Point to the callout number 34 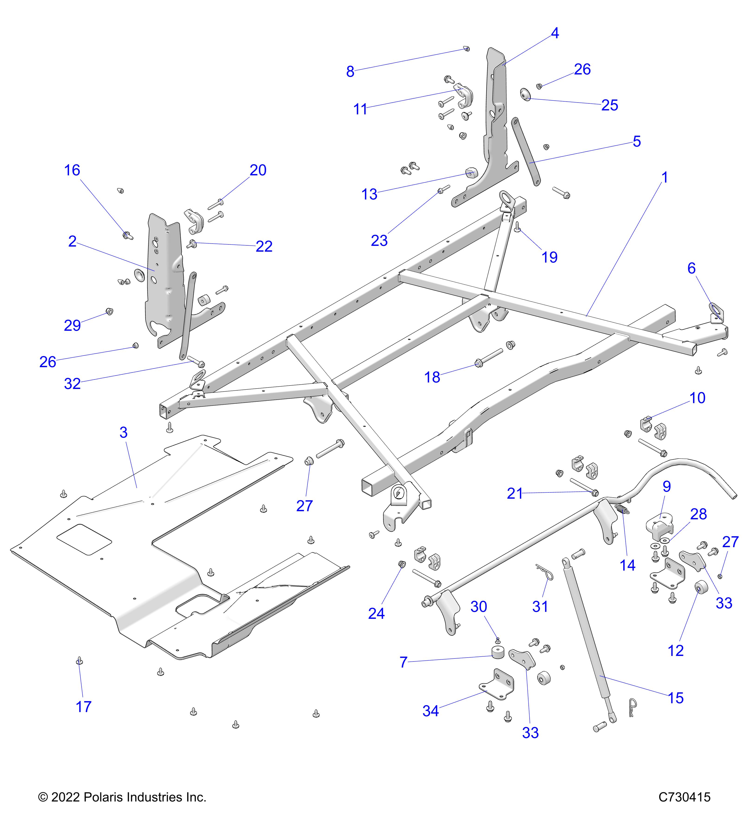click(x=430, y=711)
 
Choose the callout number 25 click(x=609, y=105)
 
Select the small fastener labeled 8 click(x=467, y=49)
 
